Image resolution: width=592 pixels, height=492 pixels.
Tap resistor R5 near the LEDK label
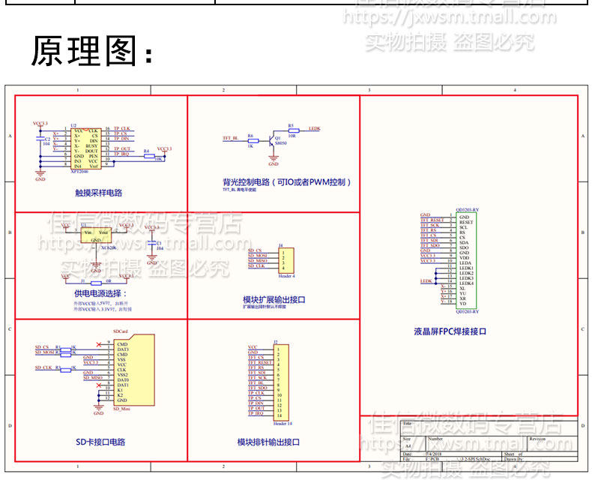click(x=292, y=130)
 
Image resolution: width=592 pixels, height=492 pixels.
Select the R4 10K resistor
click(x=158, y=154)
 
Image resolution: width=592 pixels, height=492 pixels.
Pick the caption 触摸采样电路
click(x=99, y=193)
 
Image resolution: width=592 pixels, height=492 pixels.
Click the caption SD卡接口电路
click(x=100, y=442)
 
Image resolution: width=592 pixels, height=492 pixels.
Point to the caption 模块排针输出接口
click(x=268, y=442)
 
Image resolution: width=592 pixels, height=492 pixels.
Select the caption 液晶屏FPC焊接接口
click(x=450, y=331)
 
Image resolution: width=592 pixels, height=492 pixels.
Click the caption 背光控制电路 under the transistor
click(x=287, y=182)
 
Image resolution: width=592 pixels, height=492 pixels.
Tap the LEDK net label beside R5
click(x=315, y=129)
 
